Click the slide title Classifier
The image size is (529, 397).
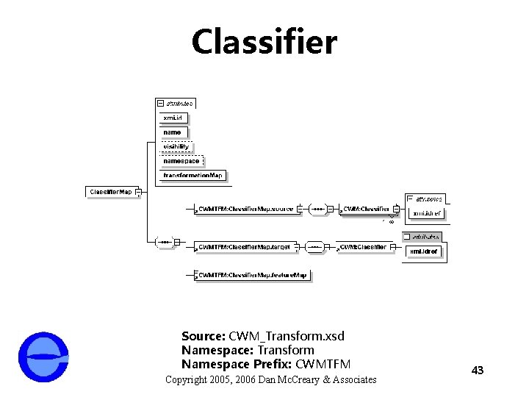[x=264, y=42]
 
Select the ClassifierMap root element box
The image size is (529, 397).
[x=111, y=192]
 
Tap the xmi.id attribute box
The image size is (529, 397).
[x=173, y=118]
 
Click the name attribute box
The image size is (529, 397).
[x=173, y=132]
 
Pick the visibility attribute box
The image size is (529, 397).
[x=176, y=146]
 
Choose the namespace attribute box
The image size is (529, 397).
[x=181, y=160]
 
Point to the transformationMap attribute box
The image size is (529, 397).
[x=192, y=175]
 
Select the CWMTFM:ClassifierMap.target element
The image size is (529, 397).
[x=244, y=247]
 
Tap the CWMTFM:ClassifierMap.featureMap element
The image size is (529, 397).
[x=253, y=275]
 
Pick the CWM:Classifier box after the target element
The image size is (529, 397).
[x=363, y=247]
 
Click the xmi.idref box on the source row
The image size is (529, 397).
[x=426, y=213]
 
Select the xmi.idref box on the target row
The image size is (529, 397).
[x=423, y=251]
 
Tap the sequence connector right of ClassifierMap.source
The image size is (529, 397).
[x=317, y=209]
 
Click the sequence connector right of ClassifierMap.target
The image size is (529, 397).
[x=314, y=247]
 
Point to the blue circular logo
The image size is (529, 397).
[x=43, y=357]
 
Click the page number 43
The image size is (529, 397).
[x=478, y=370]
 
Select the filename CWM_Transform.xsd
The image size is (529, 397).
[x=287, y=336]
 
